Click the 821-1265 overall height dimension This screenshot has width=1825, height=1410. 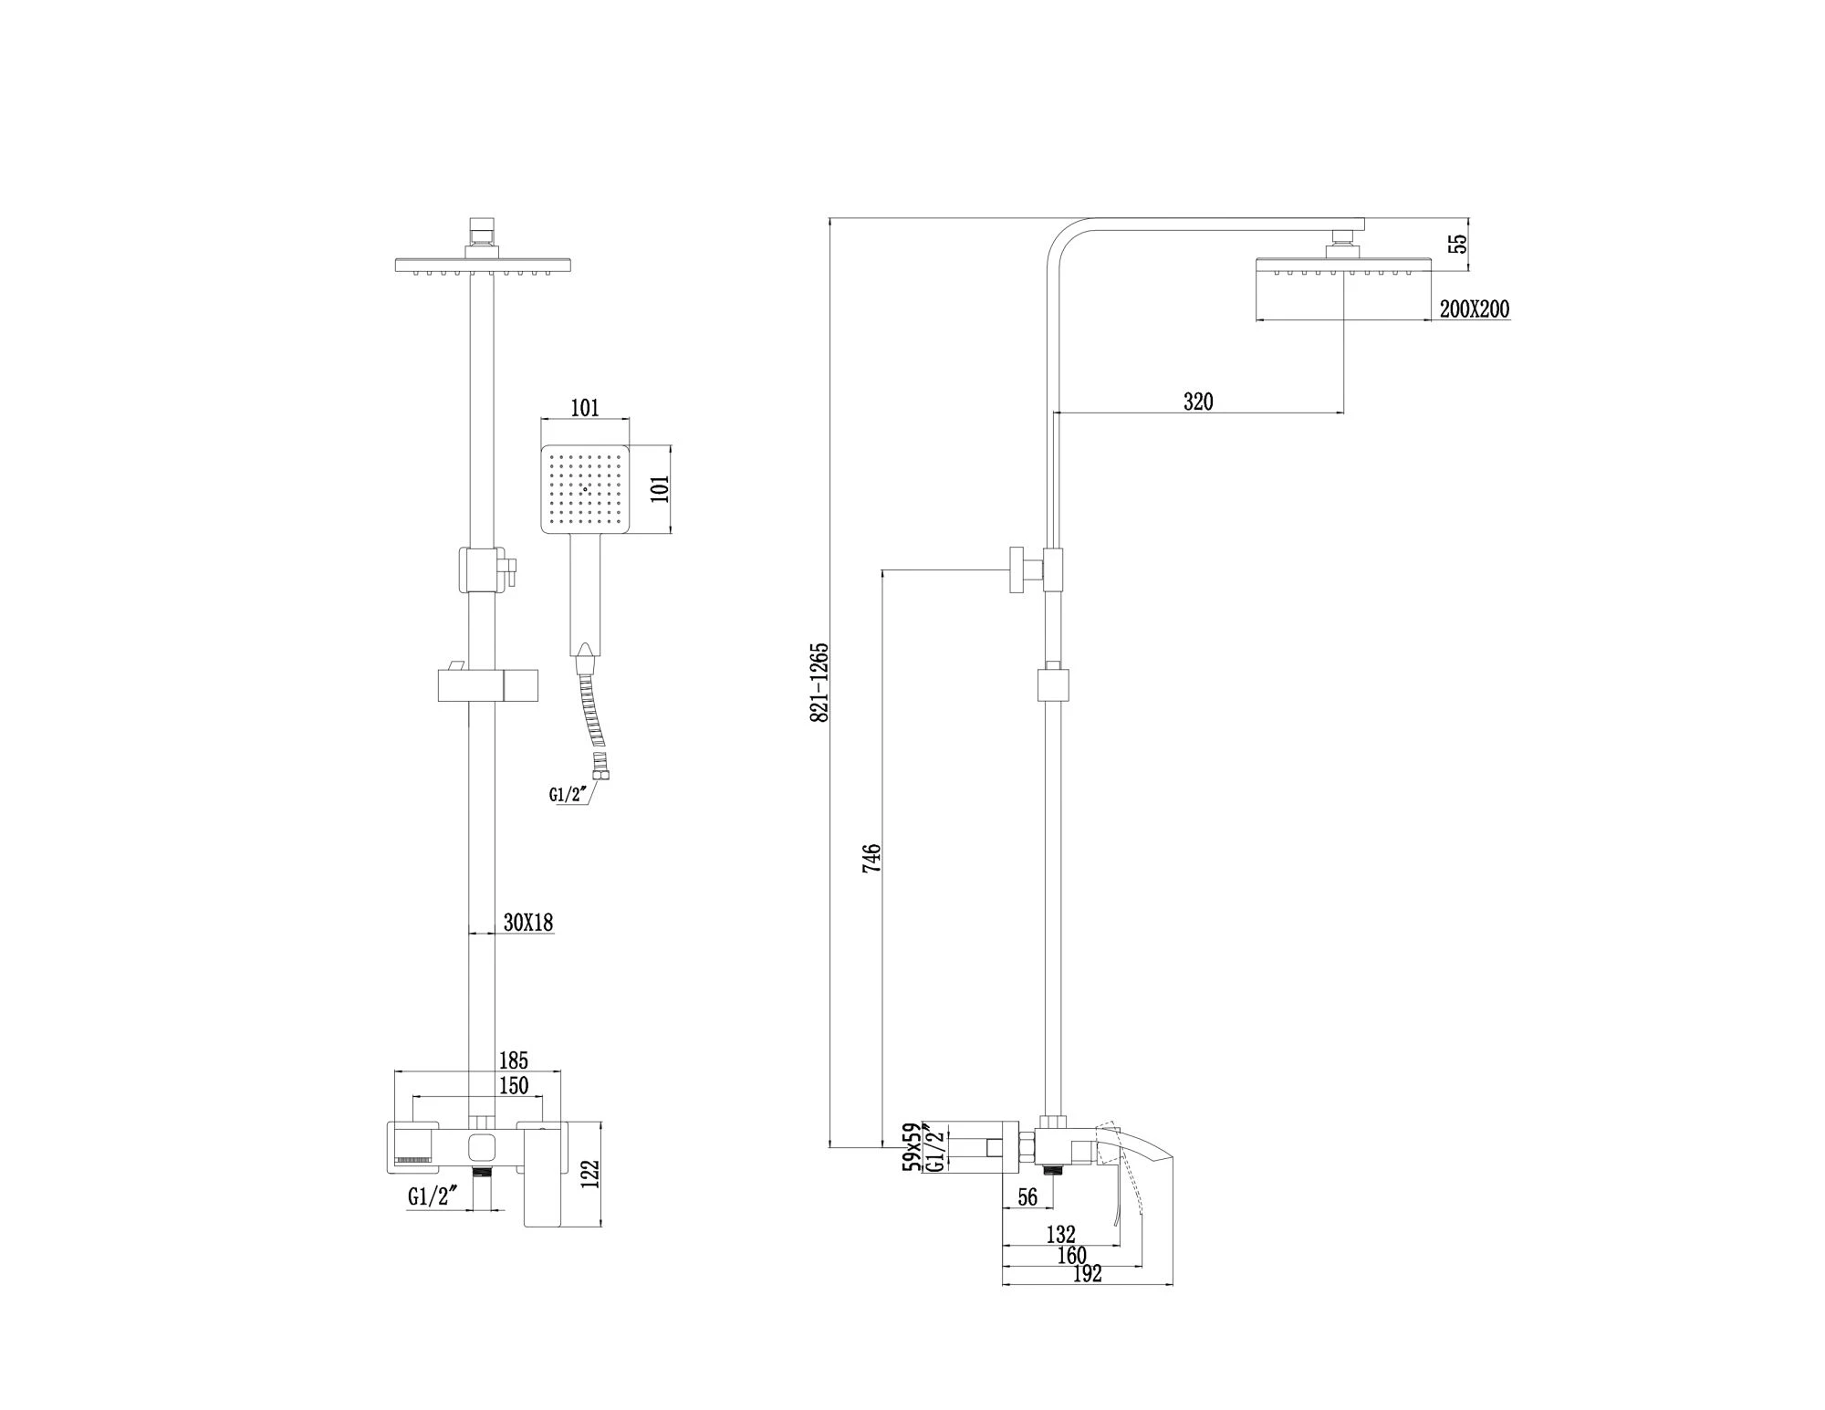point(819,683)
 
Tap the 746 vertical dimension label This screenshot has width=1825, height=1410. point(872,858)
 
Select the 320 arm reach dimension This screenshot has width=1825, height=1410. point(1198,402)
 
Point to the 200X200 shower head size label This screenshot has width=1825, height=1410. point(1475,309)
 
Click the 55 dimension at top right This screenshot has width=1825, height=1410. point(1458,244)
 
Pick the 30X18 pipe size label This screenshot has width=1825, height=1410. point(528,923)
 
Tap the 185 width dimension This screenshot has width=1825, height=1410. point(514,1060)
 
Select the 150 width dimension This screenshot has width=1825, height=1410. point(514,1085)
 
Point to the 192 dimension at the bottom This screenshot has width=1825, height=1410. point(1087,1274)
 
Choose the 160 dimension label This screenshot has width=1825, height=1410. point(1072,1256)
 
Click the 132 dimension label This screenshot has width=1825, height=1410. point(1060,1235)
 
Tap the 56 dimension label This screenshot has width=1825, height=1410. point(1027,1196)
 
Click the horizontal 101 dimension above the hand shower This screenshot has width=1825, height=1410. point(585,408)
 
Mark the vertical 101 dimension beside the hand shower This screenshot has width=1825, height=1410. point(663,489)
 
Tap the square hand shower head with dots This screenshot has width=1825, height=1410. point(585,489)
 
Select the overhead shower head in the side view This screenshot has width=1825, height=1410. point(1343,265)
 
